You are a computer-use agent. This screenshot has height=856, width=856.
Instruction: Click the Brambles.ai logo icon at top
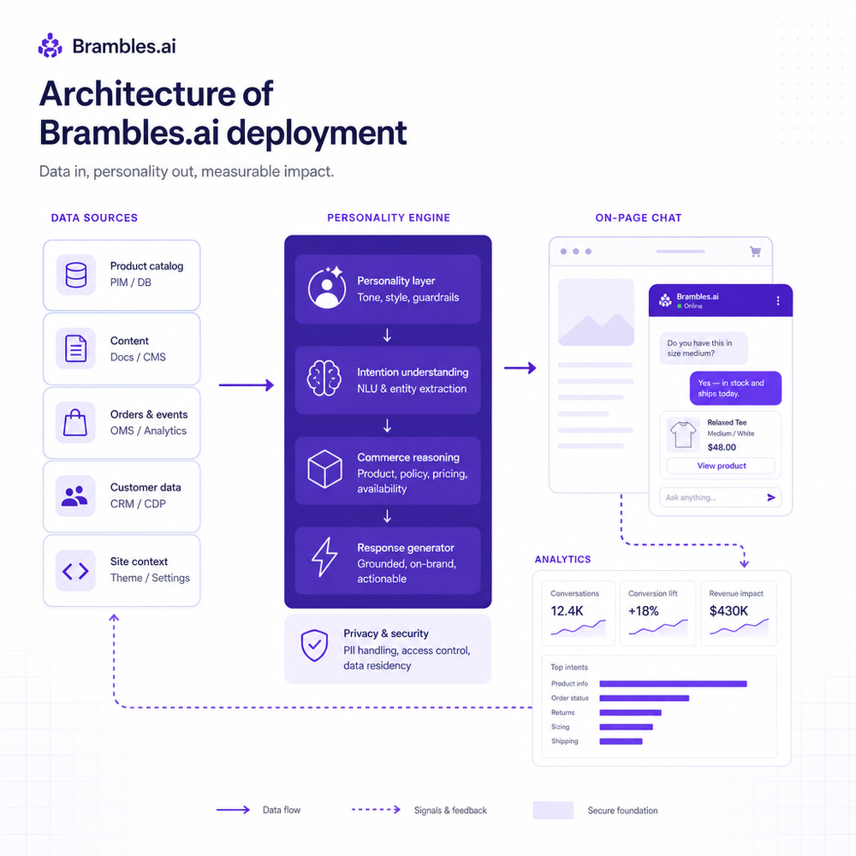[x=51, y=45]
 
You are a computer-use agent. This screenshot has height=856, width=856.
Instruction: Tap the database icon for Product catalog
[x=76, y=275]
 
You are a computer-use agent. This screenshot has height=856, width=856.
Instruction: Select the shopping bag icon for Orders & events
[x=75, y=423]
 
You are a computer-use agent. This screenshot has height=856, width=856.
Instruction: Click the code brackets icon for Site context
[x=75, y=571]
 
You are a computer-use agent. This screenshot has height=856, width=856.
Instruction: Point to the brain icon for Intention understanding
[x=324, y=377]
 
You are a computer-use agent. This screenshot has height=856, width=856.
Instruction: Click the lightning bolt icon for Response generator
[x=324, y=557]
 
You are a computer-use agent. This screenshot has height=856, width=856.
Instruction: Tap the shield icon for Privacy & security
[x=314, y=645]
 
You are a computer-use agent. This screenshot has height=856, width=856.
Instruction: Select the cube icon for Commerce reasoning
[x=324, y=469]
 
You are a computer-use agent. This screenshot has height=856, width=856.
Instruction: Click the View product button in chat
[x=721, y=466]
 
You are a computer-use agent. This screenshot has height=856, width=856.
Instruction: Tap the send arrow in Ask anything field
[x=771, y=497]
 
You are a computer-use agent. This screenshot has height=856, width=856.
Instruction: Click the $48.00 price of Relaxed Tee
[x=722, y=447]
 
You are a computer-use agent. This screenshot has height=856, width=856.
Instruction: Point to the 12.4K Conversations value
[x=567, y=611]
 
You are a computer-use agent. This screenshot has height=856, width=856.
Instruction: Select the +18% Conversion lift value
[x=643, y=611]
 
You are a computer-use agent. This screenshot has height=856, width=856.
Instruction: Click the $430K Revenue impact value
[x=728, y=611]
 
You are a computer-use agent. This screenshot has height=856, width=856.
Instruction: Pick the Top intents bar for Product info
[x=673, y=683]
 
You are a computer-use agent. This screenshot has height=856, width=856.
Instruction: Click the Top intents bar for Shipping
[x=621, y=741]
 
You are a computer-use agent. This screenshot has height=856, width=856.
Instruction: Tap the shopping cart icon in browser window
[x=755, y=252]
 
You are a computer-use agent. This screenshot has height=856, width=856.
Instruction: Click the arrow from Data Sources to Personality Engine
[x=247, y=385]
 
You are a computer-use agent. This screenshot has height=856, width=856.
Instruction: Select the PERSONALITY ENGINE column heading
[x=389, y=217]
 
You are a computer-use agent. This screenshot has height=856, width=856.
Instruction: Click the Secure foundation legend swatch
[x=553, y=810]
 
